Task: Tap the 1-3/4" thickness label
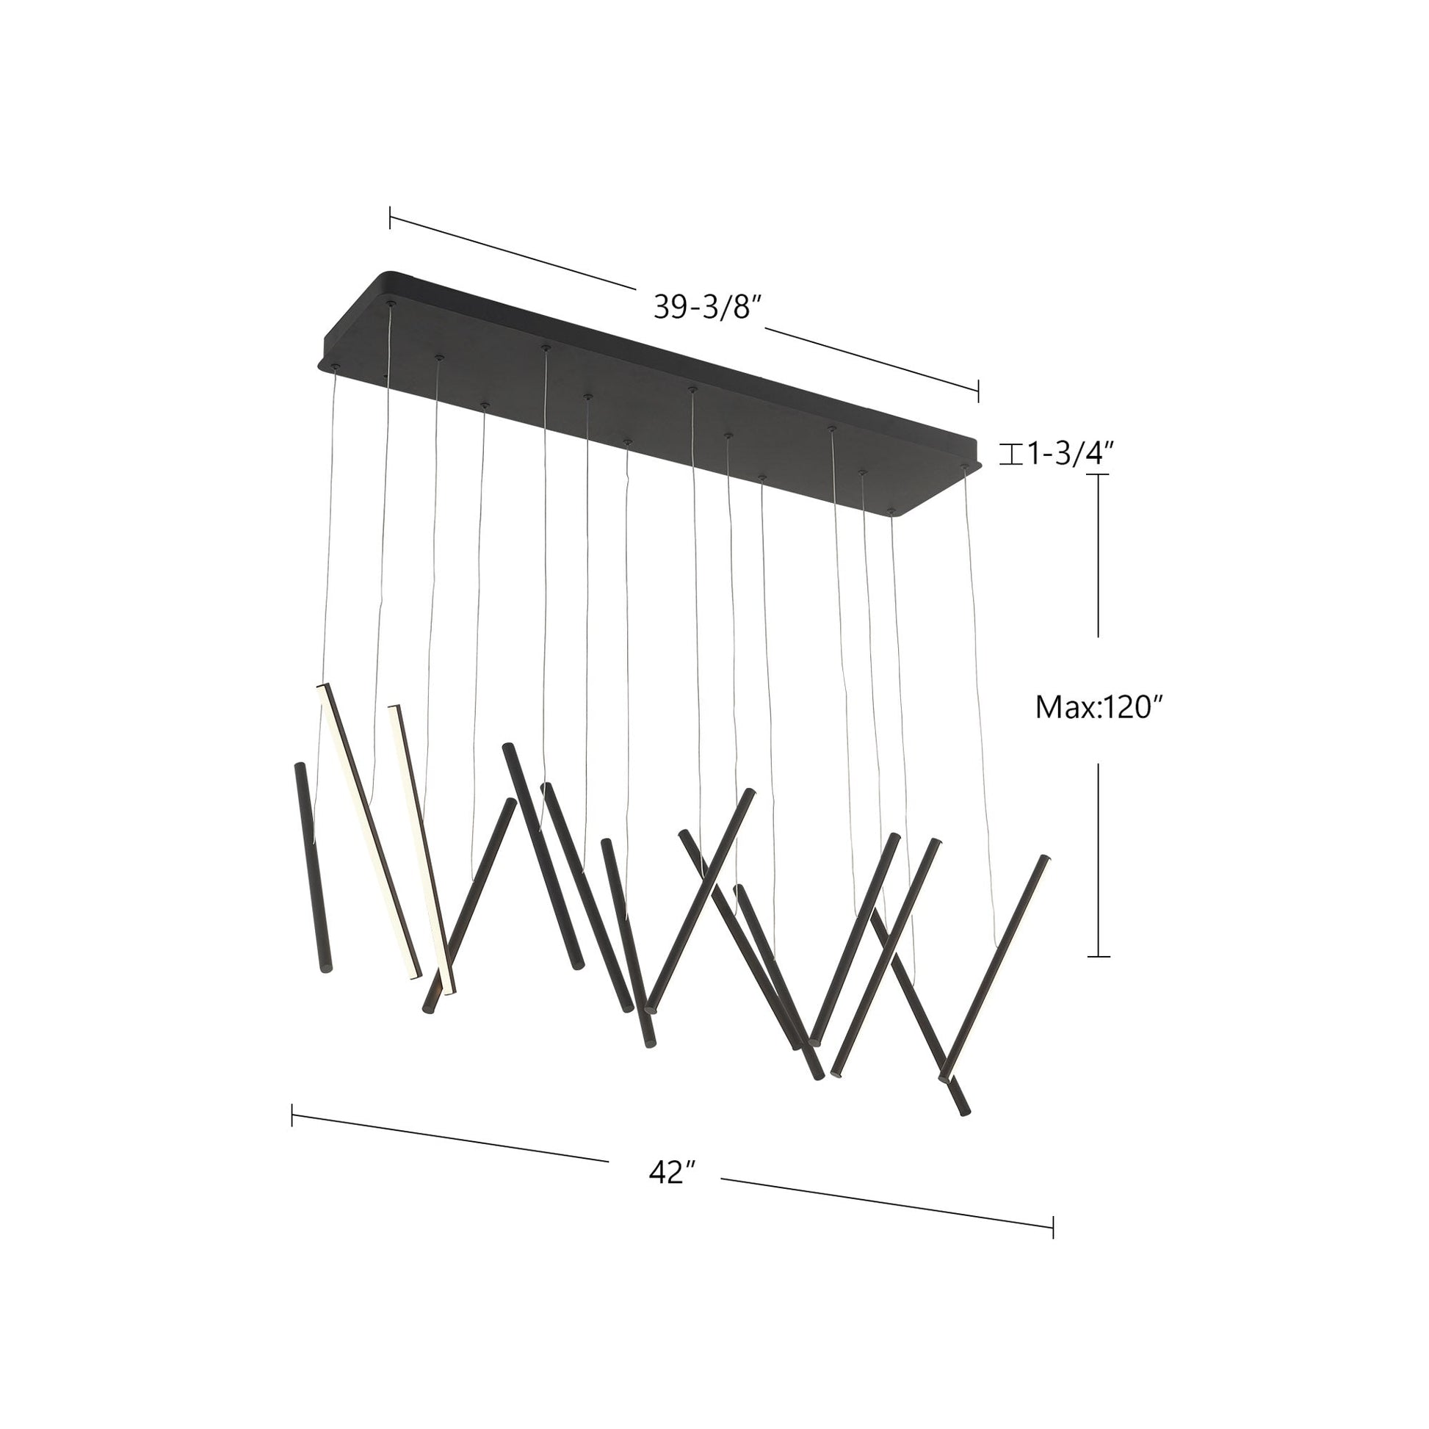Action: [x=1068, y=454]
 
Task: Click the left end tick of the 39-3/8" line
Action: [x=391, y=218]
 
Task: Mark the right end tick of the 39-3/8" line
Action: [x=979, y=391]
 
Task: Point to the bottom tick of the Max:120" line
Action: [x=1099, y=956]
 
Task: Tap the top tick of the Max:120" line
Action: [x=1099, y=474]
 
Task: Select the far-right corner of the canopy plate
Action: [x=983, y=465]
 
